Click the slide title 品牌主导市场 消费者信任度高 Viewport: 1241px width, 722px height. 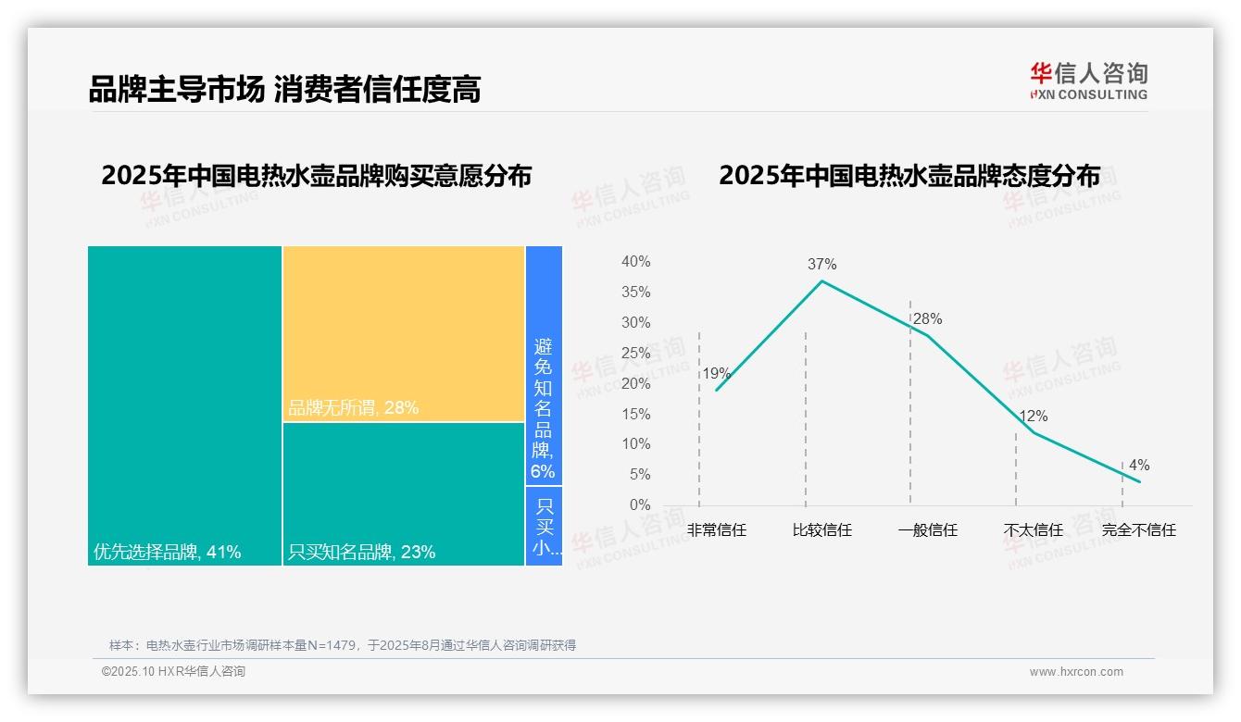point(284,90)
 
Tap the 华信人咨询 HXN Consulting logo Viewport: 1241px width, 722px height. point(1088,81)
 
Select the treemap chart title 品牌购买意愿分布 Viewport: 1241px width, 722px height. point(316,176)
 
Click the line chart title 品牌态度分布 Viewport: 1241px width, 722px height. point(909,176)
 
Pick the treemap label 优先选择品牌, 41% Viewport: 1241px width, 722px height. point(168,553)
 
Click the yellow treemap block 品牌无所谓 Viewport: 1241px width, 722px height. point(404,333)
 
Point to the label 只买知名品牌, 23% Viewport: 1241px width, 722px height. point(362,553)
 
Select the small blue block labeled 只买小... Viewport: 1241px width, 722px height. point(544,526)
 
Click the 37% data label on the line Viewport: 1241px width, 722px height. point(821,264)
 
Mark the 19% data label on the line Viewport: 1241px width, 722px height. point(716,374)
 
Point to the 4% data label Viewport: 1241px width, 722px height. point(1138,466)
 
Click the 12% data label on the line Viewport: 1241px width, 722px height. point(1034,417)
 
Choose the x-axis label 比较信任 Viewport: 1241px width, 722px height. point(821,530)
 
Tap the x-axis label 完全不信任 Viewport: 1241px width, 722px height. point(1138,530)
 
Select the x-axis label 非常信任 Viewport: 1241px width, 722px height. point(716,530)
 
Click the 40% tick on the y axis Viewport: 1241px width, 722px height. point(635,262)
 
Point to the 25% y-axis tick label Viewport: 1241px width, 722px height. point(635,353)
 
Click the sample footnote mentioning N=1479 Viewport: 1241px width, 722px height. point(343,645)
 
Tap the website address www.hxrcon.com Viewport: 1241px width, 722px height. point(1076,672)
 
